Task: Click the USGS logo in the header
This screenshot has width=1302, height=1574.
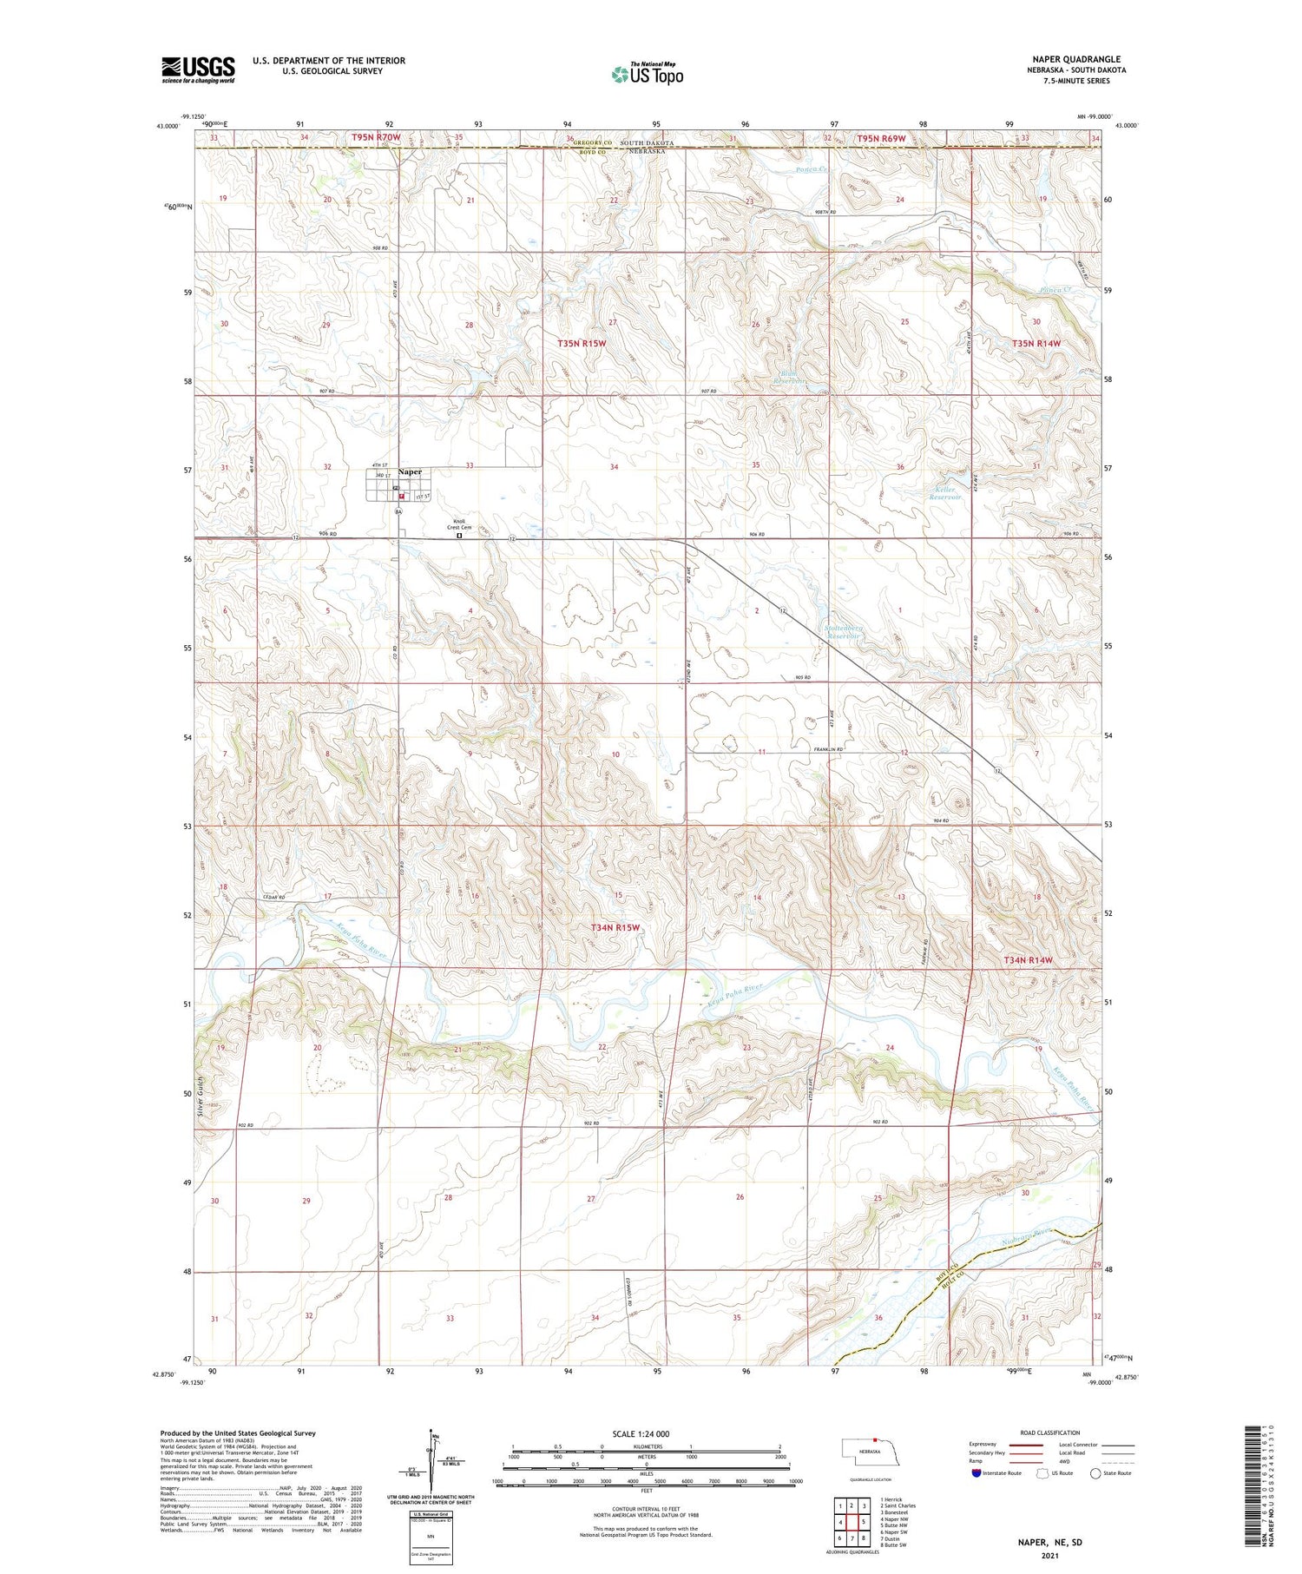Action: click(198, 69)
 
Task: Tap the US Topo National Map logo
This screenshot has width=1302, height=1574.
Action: click(648, 74)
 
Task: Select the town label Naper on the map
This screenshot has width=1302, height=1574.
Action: click(410, 472)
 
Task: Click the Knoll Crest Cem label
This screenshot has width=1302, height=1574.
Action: click(459, 524)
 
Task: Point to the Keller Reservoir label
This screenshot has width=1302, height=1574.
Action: click(945, 494)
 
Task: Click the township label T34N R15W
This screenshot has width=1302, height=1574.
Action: click(615, 927)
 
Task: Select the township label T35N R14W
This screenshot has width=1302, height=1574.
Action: click(1036, 344)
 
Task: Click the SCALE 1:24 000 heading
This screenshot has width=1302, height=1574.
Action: click(641, 1433)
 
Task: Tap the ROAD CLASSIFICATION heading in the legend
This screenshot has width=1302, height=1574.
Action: click(1050, 1432)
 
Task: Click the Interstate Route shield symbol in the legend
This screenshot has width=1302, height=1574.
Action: click(976, 1473)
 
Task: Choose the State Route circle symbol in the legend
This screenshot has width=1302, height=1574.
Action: click(1095, 1473)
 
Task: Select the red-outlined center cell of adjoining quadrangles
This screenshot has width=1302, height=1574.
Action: click(863, 1522)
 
